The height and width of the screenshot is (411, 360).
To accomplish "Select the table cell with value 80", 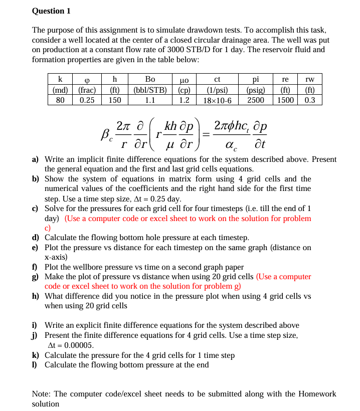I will point(60,100).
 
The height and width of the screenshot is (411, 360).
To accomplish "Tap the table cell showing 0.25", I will point(87,100).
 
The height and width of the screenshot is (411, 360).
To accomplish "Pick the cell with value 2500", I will point(256,100).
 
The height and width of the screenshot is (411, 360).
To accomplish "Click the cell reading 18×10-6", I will point(217,100).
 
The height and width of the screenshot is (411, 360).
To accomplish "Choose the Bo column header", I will point(150,79).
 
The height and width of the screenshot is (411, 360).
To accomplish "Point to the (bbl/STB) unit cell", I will point(150,90).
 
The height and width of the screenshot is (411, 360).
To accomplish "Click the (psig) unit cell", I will point(256,90).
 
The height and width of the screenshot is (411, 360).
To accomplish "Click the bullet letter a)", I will point(36,159).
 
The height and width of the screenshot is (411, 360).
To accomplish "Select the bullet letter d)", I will point(36,238).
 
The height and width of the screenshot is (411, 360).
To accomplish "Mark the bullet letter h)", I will point(36,296).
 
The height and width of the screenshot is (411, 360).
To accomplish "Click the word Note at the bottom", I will point(42,393).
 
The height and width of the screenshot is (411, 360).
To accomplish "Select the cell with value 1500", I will point(285,100).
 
